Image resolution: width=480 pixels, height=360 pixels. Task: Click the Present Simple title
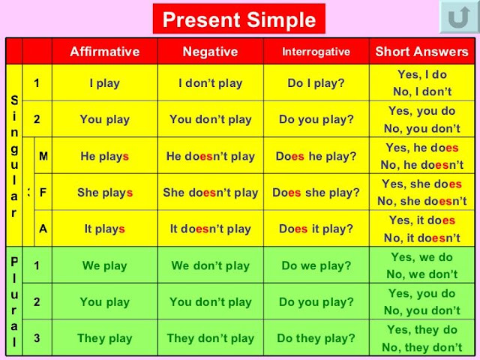[238, 19]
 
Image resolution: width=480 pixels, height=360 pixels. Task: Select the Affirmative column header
[104, 52]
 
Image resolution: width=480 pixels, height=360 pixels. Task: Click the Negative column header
[210, 52]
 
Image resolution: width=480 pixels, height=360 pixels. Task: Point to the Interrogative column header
[316, 52]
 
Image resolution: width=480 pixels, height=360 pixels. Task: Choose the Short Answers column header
[421, 52]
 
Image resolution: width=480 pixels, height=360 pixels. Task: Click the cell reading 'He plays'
[104, 157]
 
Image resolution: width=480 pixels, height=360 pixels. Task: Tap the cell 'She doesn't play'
[210, 193]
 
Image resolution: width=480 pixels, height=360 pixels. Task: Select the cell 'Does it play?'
[316, 229]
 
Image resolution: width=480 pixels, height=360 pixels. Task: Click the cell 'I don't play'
[210, 83]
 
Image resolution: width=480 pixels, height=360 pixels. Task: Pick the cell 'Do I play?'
[316, 83]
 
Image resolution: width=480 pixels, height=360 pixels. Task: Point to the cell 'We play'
[104, 265]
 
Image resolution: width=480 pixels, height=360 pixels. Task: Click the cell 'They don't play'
[210, 338]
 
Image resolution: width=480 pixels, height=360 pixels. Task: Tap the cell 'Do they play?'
[316, 338]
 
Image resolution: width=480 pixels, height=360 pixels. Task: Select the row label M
[43, 157]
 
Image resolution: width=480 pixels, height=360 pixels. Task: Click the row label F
[43, 193]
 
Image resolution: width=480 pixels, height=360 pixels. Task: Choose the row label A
[43, 229]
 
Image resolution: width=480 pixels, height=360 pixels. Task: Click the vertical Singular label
[13, 155]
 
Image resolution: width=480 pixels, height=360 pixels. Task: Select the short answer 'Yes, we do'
[421, 257]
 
